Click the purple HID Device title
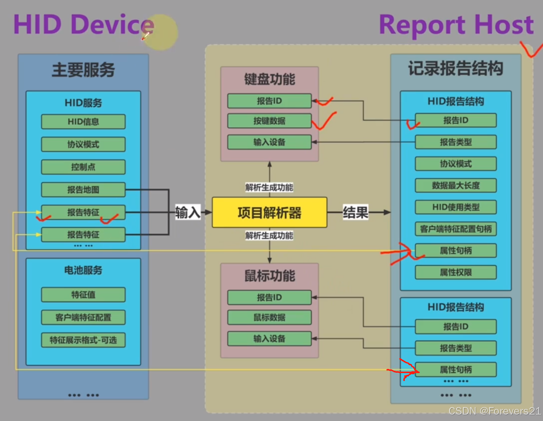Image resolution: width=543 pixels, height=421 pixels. (x=84, y=25)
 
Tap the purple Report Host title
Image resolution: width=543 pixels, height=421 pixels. (x=456, y=25)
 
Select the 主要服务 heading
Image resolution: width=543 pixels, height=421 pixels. (x=83, y=70)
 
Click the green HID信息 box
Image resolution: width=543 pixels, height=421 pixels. (x=83, y=122)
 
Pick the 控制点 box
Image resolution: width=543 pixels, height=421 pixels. (x=83, y=167)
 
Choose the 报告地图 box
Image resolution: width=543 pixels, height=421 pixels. (x=83, y=190)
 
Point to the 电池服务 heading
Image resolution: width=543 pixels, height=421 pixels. (x=83, y=270)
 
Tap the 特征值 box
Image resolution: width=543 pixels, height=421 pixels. (x=83, y=295)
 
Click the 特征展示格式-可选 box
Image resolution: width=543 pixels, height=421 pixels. (x=83, y=340)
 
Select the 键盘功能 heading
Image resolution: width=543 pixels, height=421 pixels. (x=270, y=79)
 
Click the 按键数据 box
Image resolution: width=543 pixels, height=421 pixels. (x=269, y=121)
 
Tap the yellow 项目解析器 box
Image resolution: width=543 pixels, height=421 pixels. (x=269, y=213)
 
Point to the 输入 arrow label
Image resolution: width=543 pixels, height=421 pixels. (x=188, y=213)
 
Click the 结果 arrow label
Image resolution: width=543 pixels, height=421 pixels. (x=355, y=213)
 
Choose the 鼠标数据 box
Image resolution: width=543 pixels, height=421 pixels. (x=269, y=317)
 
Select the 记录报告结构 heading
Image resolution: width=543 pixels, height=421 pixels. (x=455, y=68)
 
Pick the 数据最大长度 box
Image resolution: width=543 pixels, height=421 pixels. (x=456, y=185)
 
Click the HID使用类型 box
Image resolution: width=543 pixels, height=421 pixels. (x=456, y=207)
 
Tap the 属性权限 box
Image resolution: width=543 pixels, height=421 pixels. (x=456, y=272)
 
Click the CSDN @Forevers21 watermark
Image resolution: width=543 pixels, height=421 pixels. (x=494, y=411)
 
